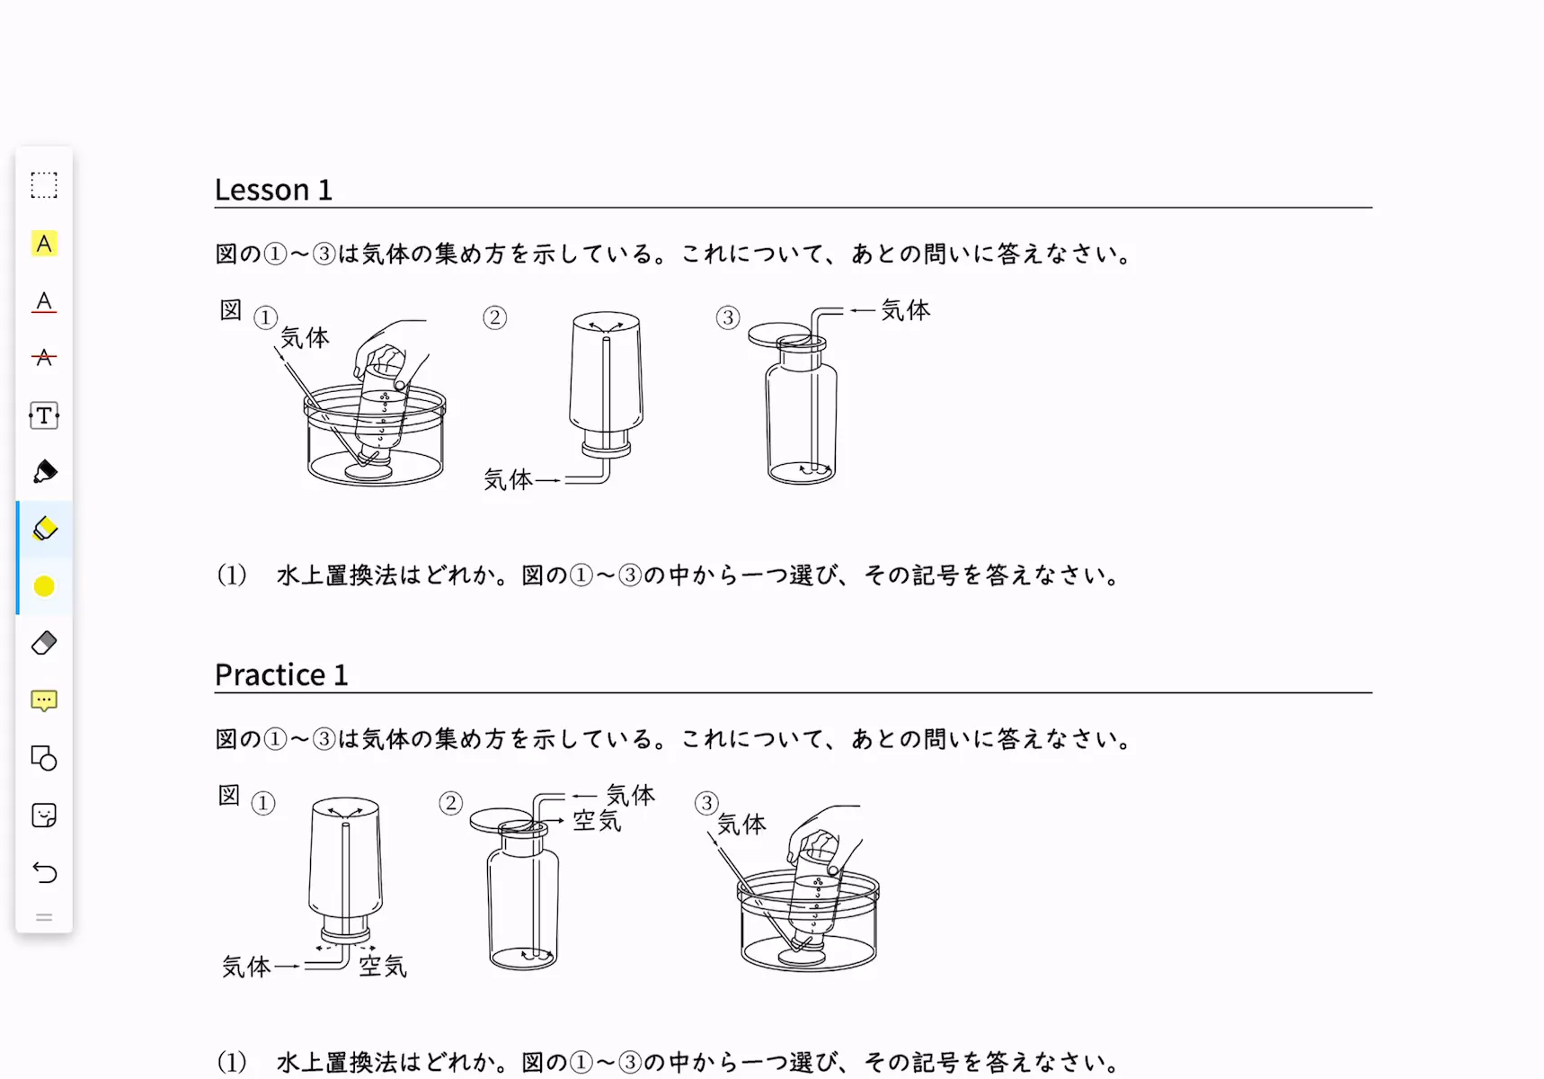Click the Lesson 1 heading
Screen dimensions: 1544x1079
click(273, 190)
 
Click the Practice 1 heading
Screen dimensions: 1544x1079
click(281, 674)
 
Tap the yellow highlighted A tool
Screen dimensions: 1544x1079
click(44, 244)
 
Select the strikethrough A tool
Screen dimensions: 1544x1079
click(44, 358)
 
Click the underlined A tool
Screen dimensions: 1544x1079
click(44, 301)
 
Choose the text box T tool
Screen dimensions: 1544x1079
click(44, 415)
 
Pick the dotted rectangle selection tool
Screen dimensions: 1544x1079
click(44, 185)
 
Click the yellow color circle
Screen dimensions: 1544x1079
click(44, 586)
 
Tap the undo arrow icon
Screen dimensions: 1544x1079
click(44, 872)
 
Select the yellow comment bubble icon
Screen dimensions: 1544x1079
click(44, 700)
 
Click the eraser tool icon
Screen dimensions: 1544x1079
click(44, 643)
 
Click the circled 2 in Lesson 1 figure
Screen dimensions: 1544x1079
click(494, 317)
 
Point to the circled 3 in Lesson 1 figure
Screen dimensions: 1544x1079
click(728, 317)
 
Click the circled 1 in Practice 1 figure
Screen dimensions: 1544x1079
click(262, 803)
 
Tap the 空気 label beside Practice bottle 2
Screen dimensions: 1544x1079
click(598, 820)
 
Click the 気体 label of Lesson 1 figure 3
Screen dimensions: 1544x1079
click(906, 310)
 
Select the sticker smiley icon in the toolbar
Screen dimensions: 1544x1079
click(44, 815)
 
